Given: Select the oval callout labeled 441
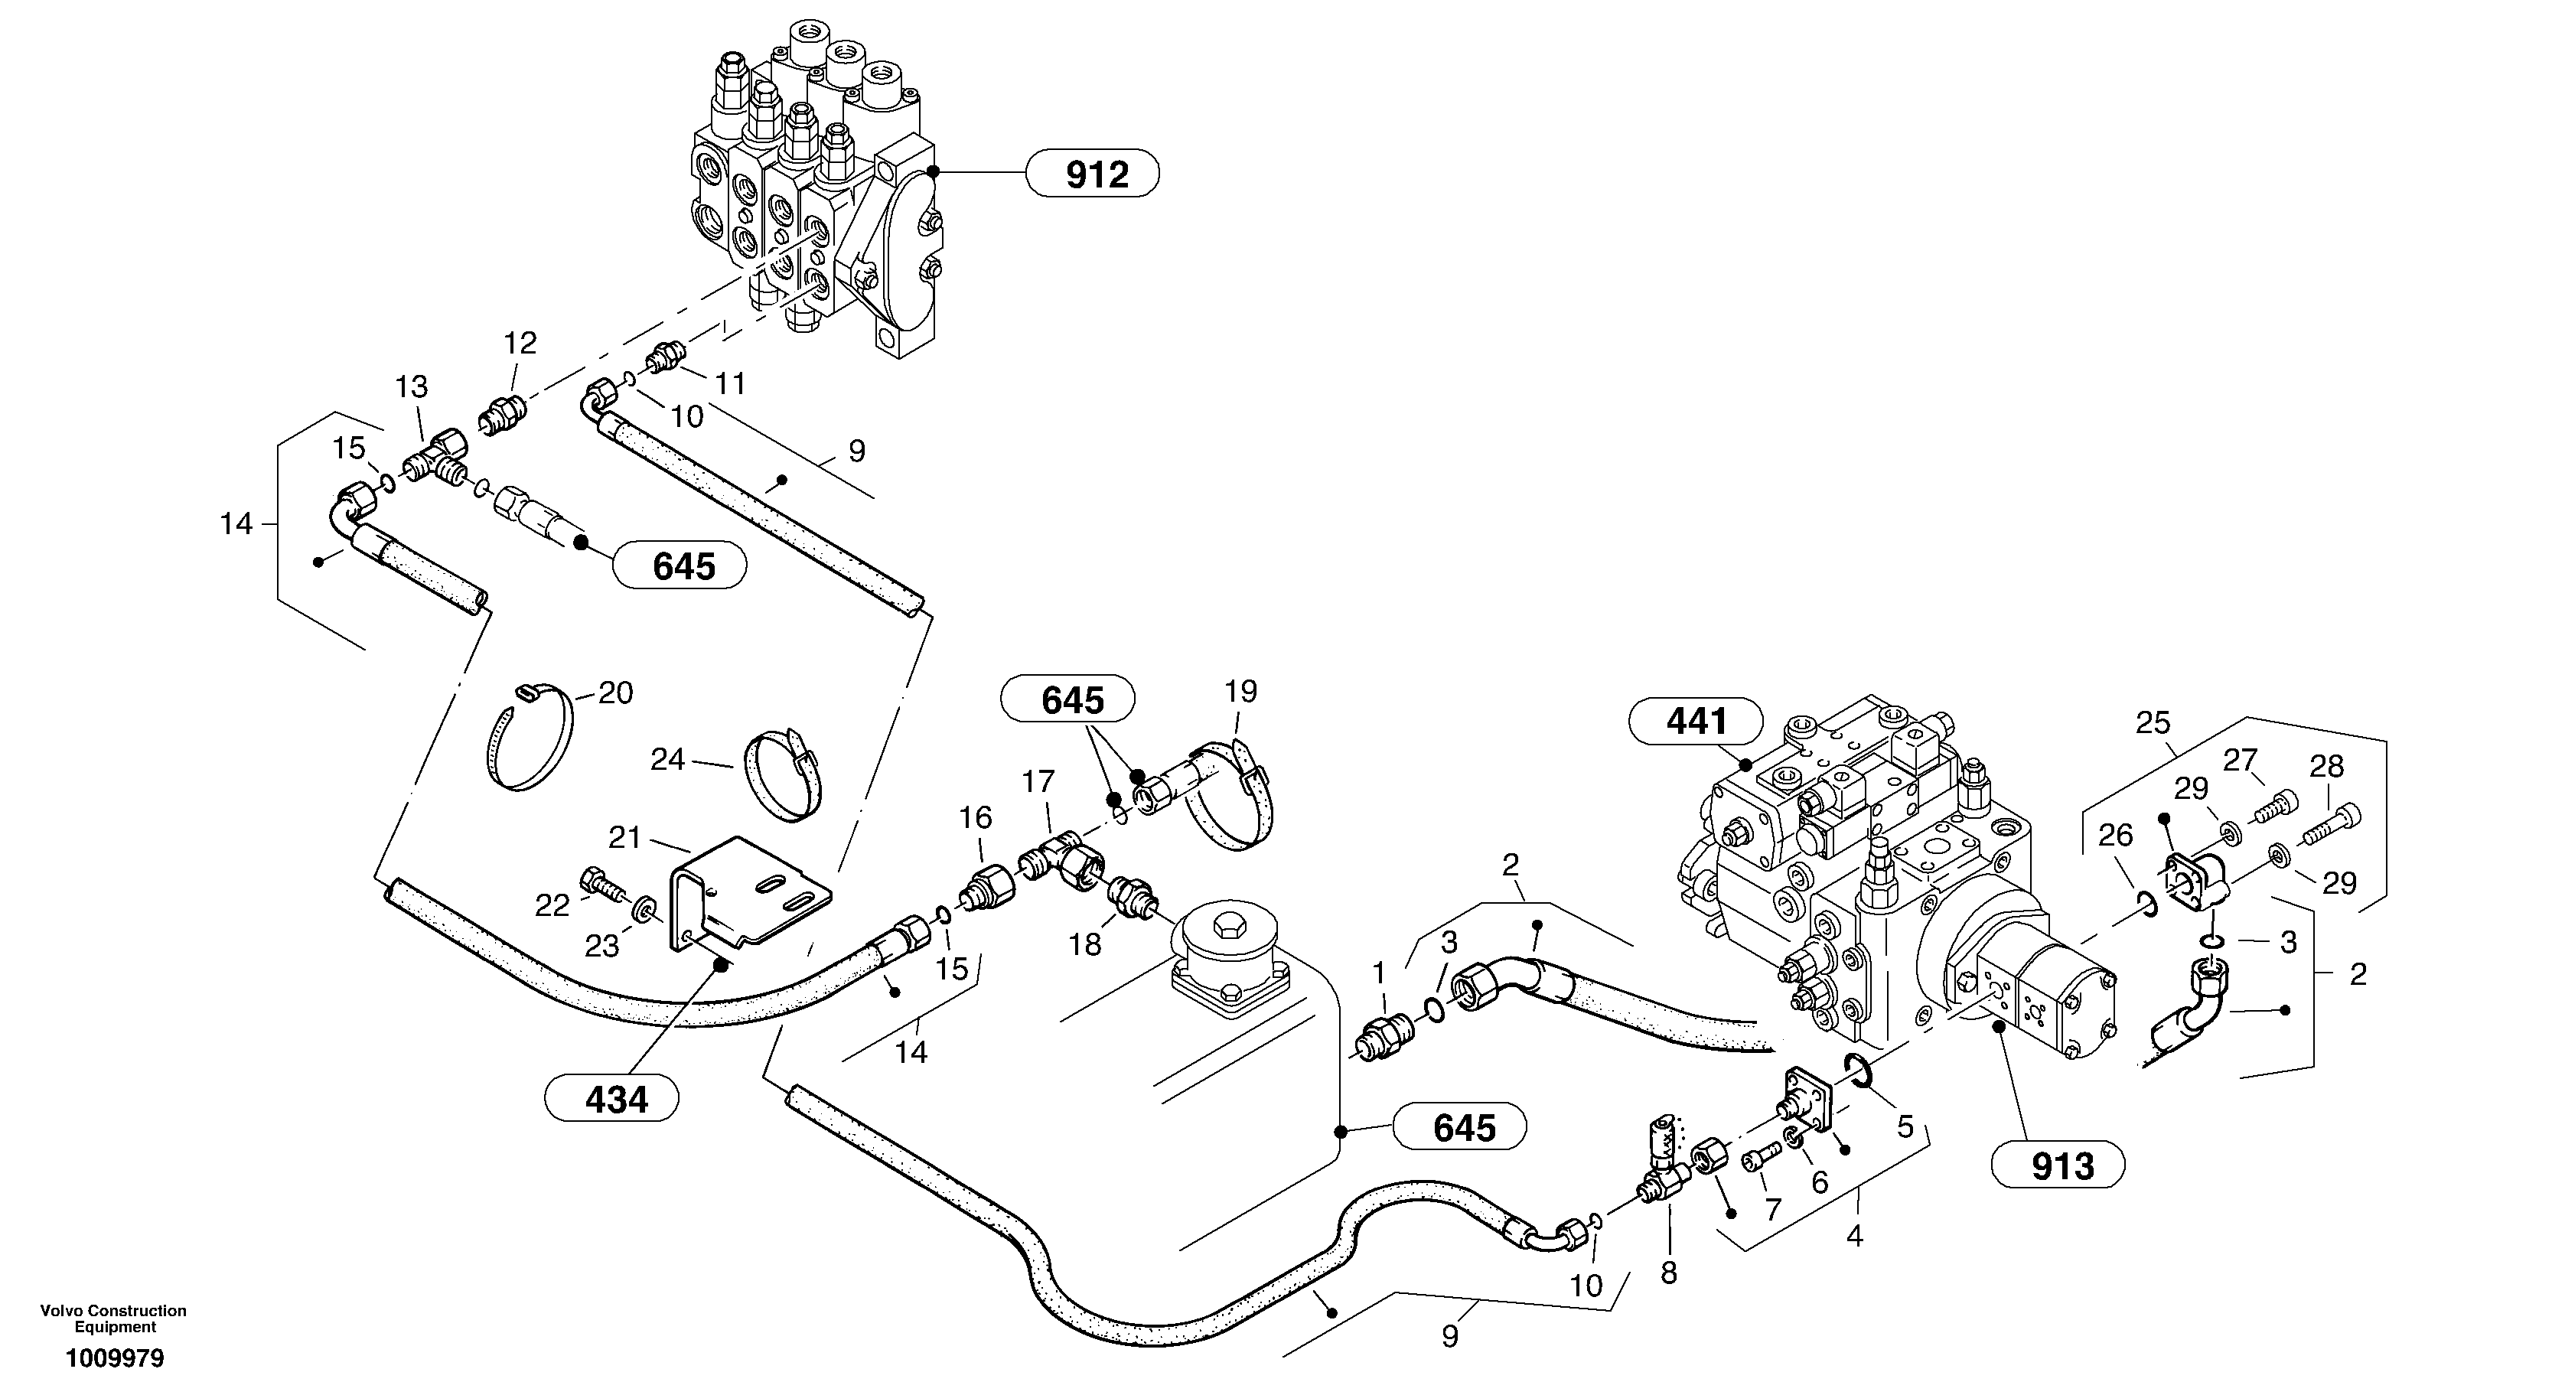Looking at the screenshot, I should [x=1696, y=722].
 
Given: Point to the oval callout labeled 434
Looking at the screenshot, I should [x=616, y=1099].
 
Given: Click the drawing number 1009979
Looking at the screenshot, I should [x=115, y=1358].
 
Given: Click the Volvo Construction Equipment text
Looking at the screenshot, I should [x=113, y=1318].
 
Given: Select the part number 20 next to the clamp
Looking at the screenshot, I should [x=615, y=693].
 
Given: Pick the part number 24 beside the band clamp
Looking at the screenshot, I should [x=668, y=760].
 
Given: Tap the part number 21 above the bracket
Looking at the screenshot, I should [x=625, y=838].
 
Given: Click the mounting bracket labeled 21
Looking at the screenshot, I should [x=753, y=897].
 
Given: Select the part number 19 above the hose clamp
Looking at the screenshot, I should [x=1240, y=690].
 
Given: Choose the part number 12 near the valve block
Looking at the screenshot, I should [x=519, y=343].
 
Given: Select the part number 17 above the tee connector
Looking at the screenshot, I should [x=1038, y=782].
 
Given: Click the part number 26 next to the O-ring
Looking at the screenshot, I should [x=2115, y=835].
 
